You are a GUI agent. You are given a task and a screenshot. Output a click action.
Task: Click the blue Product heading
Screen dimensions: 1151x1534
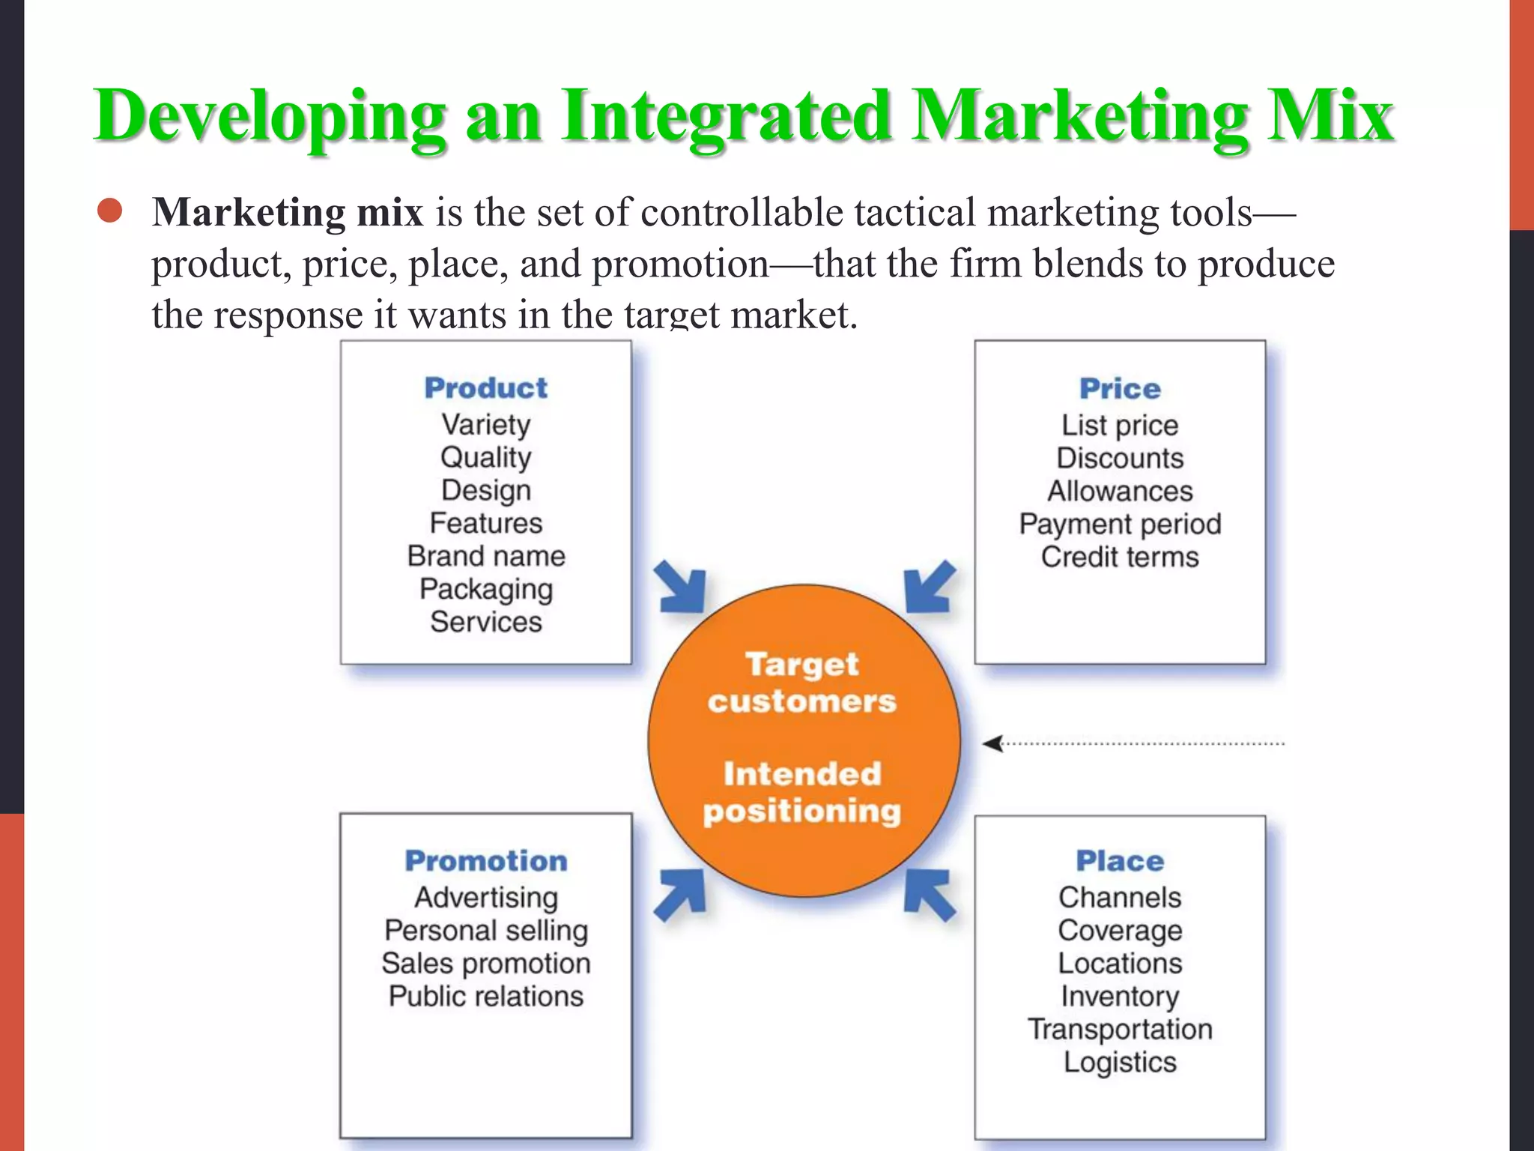coord(485,388)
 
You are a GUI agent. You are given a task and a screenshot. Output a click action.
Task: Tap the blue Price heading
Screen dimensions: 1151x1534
coord(1120,389)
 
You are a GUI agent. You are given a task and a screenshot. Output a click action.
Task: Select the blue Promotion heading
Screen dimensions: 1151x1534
coord(486,861)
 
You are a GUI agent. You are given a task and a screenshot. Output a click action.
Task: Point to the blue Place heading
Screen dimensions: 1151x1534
coord(1120,861)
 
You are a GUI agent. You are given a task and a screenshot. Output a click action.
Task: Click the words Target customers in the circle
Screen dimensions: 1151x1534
coord(802,683)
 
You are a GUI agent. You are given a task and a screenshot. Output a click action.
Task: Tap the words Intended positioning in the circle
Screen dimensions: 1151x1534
coord(802,792)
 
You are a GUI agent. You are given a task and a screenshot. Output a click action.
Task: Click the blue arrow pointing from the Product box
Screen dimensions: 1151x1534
coord(682,587)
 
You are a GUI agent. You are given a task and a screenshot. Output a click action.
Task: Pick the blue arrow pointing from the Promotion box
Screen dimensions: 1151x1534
coord(680,895)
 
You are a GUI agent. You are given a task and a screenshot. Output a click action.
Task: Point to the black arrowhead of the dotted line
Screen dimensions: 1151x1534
coord(992,743)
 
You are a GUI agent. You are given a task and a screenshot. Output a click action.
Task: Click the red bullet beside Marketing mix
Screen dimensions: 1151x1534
coord(110,211)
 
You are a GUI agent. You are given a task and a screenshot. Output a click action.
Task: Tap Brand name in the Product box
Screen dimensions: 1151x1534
coord(486,556)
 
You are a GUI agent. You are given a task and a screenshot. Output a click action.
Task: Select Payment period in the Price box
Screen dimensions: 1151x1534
coord(1120,524)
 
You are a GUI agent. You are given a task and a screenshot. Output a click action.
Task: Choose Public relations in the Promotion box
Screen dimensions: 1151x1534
coord(486,996)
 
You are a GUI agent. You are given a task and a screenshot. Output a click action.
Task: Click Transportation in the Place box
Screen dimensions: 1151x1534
coord(1120,1029)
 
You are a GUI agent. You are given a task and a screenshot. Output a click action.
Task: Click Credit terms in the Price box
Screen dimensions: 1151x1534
coord(1120,557)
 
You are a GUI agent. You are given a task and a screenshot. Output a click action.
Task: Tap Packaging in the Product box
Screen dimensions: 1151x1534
coord(486,589)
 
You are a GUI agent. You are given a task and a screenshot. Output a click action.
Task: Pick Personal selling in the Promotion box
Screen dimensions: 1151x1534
coord(486,930)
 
